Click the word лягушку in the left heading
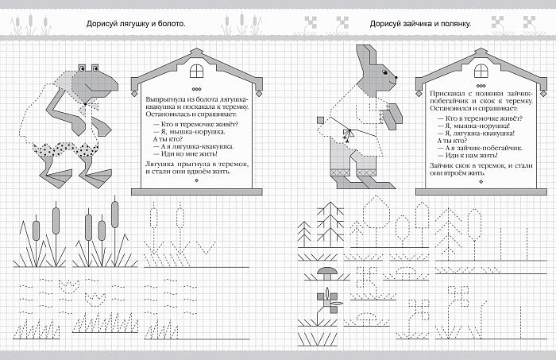tap(132, 24)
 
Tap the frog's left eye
tap(83, 68)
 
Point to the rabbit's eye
tap(384, 72)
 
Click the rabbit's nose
tap(396, 76)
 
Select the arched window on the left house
tap(197, 71)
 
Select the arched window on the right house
tap(481, 71)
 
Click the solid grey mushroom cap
tap(327, 271)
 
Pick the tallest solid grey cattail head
tap(114, 215)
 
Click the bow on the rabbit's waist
tap(348, 135)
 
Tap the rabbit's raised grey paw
tap(393, 115)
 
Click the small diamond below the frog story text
tap(197, 180)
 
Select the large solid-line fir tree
tap(330, 224)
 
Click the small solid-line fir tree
tap(304, 234)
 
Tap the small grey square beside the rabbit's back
tap(320, 120)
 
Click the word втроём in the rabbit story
tap(452, 173)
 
